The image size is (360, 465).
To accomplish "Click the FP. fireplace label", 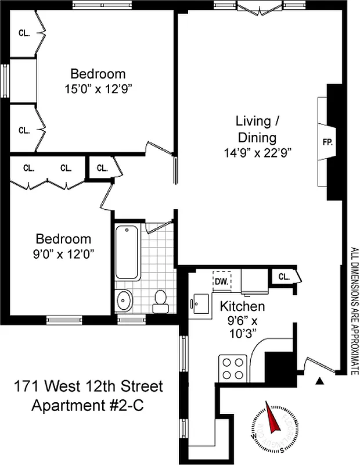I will [x=327, y=142].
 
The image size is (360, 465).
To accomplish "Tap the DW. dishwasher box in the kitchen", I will [x=221, y=281].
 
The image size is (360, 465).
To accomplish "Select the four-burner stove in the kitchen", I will [x=232, y=367].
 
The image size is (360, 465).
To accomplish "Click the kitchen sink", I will [x=200, y=302].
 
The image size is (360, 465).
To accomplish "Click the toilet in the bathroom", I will [x=160, y=299].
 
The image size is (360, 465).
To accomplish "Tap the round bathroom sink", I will [x=124, y=301].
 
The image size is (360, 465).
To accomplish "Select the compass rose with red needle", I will [x=271, y=421].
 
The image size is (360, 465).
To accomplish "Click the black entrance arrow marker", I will [x=319, y=381].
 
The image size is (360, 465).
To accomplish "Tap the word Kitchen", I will [x=242, y=306].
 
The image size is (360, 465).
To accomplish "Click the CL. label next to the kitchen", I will [x=284, y=277].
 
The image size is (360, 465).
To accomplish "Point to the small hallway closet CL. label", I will [x=102, y=169].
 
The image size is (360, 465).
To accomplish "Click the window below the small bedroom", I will [x=64, y=319].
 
